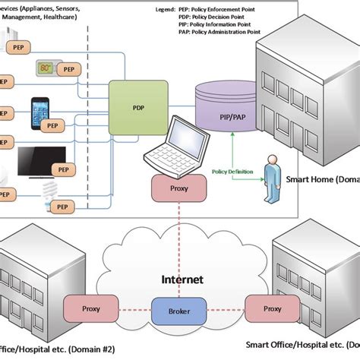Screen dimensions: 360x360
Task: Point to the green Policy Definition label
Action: (x=232, y=173)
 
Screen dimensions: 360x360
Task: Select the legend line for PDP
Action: (x=230, y=15)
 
